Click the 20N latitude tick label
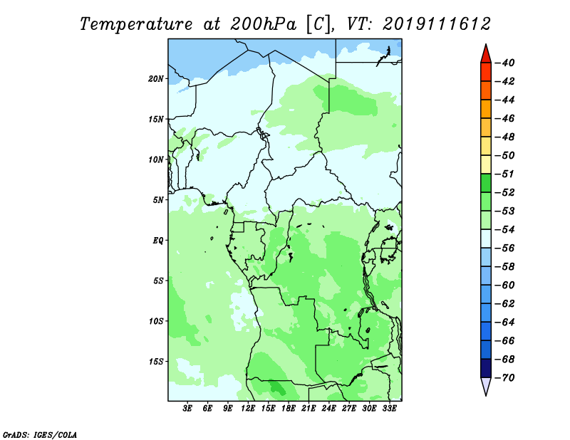[x=156, y=79]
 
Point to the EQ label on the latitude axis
[x=158, y=241]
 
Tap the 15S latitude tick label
[x=156, y=362]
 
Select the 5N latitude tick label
[x=158, y=200]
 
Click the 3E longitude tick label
[x=187, y=409]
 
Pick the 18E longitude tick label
[x=289, y=409]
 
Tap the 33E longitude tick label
[x=389, y=409]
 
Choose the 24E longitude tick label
[x=328, y=409]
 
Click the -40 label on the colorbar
[x=505, y=63]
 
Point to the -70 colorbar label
[x=505, y=378]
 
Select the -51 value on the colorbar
[x=505, y=174]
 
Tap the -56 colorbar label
[x=505, y=248]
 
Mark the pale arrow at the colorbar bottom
[x=486, y=385]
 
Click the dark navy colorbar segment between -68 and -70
[x=486, y=368]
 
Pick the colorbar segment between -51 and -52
[x=486, y=183]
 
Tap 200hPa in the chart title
[x=263, y=24]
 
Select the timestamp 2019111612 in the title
[x=436, y=24]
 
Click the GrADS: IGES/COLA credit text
[x=40, y=434]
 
